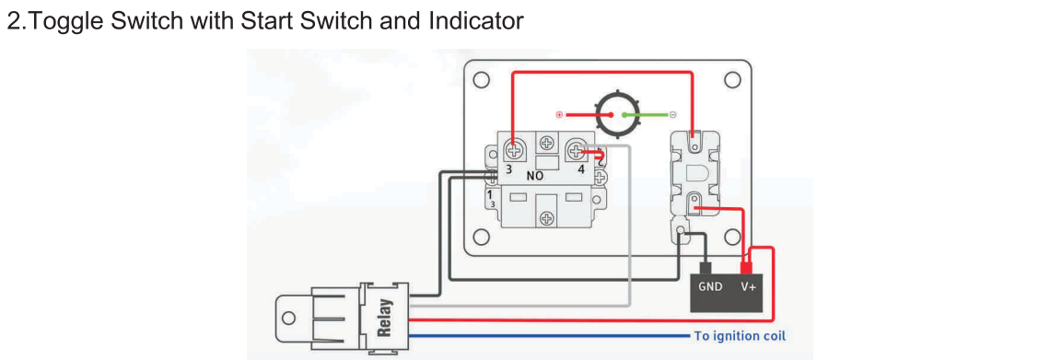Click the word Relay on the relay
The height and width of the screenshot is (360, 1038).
[x=385, y=318]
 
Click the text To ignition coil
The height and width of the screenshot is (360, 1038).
[x=740, y=336]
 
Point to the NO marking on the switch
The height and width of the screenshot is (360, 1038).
[x=534, y=177]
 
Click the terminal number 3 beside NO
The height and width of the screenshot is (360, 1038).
[x=508, y=169]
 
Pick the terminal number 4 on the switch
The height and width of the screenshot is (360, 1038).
[x=580, y=169]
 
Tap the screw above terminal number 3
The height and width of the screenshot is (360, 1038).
[x=513, y=150]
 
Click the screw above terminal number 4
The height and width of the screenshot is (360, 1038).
[x=576, y=152]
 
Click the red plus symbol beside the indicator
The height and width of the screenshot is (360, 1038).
[x=559, y=114]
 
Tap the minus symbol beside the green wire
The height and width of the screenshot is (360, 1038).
[x=672, y=114]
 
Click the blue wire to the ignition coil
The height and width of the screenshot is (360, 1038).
[x=550, y=336]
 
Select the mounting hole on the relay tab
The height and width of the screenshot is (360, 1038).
[x=288, y=318]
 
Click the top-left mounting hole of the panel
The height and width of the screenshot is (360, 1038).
[x=482, y=80]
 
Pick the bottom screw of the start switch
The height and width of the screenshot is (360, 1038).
[x=546, y=217]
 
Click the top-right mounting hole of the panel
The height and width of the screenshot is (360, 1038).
[x=731, y=80]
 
